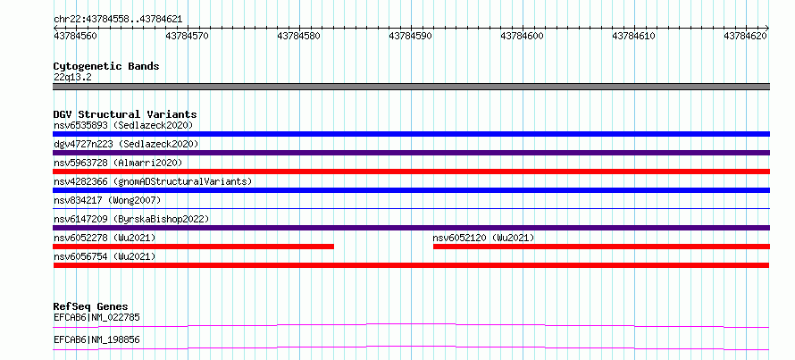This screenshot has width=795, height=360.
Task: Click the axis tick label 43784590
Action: point(411,36)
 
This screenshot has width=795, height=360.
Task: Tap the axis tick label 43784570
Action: point(188,36)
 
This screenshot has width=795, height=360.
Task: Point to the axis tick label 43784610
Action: point(635,36)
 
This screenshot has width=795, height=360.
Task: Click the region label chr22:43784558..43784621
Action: point(118,20)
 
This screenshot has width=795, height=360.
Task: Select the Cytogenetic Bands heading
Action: point(106,66)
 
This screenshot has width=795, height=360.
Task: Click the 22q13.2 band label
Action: point(72,77)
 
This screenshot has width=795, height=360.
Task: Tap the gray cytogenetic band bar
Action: point(411,87)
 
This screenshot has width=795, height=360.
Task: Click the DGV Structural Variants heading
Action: point(125,114)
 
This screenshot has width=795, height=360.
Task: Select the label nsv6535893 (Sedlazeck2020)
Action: point(123,125)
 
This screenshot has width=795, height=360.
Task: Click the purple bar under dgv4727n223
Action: point(411,153)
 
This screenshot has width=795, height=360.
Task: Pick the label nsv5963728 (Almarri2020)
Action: point(118,163)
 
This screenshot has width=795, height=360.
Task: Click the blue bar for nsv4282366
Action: point(411,190)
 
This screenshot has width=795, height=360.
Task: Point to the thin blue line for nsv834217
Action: point(411,208)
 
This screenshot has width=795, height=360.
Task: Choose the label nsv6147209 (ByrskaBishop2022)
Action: point(131,219)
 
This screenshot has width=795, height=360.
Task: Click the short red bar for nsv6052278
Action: point(193,247)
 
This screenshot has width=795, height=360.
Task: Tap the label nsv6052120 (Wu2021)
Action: point(483,238)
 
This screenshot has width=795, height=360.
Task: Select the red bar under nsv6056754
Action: point(411,265)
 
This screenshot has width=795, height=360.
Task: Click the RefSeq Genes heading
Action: point(91,306)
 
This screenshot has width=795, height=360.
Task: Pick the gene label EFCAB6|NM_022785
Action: point(96,317)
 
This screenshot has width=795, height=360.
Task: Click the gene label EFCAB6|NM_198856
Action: point(96,339)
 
